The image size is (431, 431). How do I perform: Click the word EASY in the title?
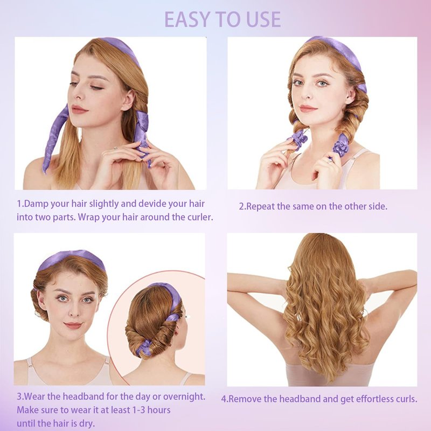(188, 19)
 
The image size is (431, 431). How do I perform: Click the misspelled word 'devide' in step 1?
(152, 204)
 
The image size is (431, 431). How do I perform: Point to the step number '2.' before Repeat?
(242, 206)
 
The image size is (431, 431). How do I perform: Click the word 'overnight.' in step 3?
(184, 397)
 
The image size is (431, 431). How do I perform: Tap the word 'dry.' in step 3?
(87, 423)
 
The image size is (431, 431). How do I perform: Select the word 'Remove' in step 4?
(244, 399)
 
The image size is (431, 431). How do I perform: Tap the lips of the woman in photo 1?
(79, 109)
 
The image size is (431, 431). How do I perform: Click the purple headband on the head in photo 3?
(71, 259)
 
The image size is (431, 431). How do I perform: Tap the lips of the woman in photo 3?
(73, 326)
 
